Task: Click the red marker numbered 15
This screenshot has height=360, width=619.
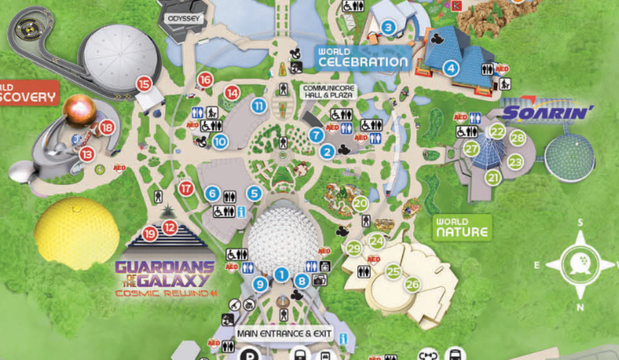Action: (144, 85)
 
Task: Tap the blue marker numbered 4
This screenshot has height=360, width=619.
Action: (451, 69)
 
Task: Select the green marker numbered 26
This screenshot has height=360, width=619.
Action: (412, 284)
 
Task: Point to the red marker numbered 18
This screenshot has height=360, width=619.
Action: (107, 127)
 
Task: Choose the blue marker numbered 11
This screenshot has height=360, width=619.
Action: (260, 105)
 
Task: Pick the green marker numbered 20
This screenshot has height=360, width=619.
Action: (360, 203)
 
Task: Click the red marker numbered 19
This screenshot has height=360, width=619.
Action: (150, 233)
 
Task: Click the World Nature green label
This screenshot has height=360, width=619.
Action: (461, 228)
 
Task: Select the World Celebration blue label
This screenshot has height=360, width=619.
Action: (363, 58)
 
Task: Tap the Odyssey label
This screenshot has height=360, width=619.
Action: (183, 19)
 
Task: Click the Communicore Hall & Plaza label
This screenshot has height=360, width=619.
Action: (328, 92)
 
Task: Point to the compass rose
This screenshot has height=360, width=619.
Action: (580, 264)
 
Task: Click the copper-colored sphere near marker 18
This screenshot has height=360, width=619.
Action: (80, 110)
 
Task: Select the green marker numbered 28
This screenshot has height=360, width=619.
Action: (518, 138)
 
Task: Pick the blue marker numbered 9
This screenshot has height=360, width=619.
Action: (260, 283)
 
